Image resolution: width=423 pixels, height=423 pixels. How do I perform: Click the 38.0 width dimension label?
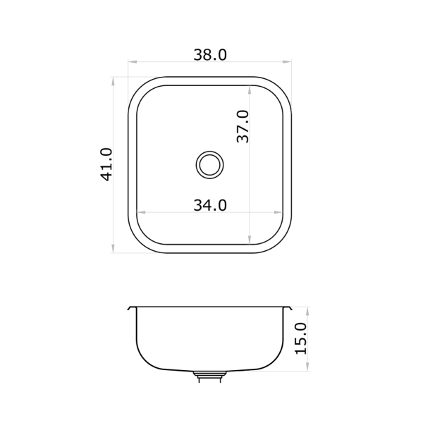point(210,55)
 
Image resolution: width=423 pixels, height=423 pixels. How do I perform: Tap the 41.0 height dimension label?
point(106,164)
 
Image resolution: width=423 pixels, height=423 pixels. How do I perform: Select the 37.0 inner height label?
point(243,126)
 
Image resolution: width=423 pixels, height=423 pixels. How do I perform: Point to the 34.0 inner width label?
point(210,205)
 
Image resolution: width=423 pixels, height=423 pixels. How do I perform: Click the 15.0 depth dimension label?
point(301,338)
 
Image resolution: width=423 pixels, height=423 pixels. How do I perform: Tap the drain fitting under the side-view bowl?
point(209,376)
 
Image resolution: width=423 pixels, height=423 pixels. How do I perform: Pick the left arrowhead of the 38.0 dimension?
point(133,62)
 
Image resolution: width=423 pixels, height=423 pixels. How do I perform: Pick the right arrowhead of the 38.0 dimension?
point(288,62)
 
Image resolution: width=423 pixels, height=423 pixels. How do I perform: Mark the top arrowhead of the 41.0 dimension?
point(113,81)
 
